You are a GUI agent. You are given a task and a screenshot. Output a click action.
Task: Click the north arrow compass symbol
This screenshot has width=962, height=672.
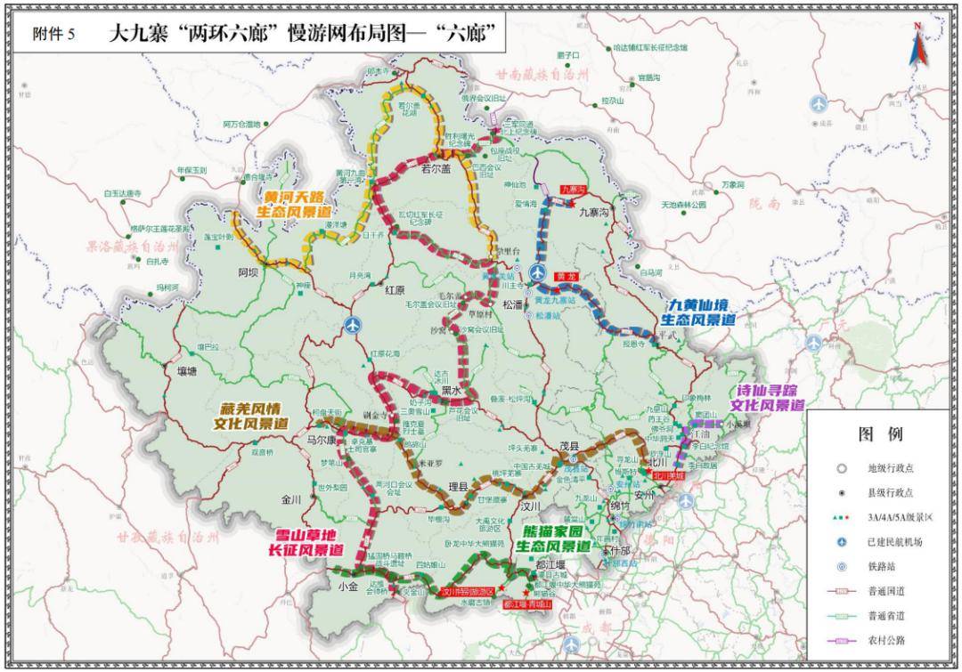coord(916,45)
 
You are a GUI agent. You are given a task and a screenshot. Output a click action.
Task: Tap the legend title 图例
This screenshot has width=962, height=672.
coord(880,434)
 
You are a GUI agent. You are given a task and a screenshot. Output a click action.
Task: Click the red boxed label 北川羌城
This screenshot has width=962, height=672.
coord(668,476)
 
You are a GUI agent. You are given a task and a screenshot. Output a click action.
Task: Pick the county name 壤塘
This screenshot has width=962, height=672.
coord(184,372)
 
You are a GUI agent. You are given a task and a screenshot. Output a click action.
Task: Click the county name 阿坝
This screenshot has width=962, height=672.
coord(247,273)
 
